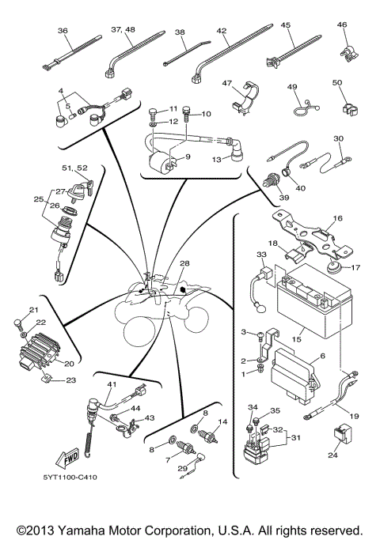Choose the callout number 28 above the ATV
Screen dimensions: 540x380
click(184, 262)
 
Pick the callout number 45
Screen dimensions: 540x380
click(287, 25)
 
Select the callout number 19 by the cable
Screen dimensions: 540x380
click(353, 415)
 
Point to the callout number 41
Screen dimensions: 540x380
click(112, 384)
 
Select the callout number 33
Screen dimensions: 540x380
click(261, 255)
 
